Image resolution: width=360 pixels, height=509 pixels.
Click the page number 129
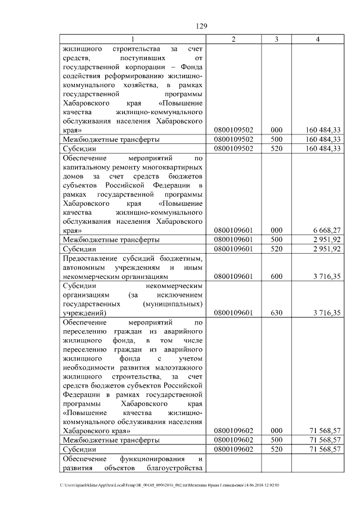[x=202, y=26]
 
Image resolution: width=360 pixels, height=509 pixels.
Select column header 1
[x=133, y=39]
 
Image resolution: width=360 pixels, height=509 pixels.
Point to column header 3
[x=276, y=39]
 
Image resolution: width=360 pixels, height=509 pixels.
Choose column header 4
[x=318, y=39]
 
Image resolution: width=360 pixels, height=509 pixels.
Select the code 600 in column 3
[x=276, y=276]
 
